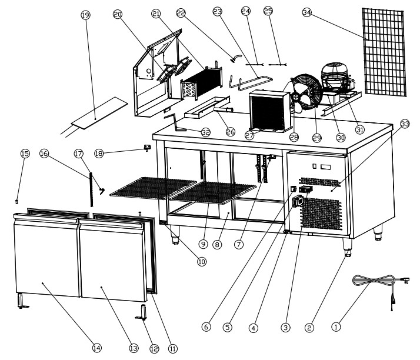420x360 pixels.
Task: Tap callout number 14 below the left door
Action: pos(96,348)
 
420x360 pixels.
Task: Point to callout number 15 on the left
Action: pos(25,154)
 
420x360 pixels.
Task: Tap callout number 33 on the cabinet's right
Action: pos(405,123)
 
